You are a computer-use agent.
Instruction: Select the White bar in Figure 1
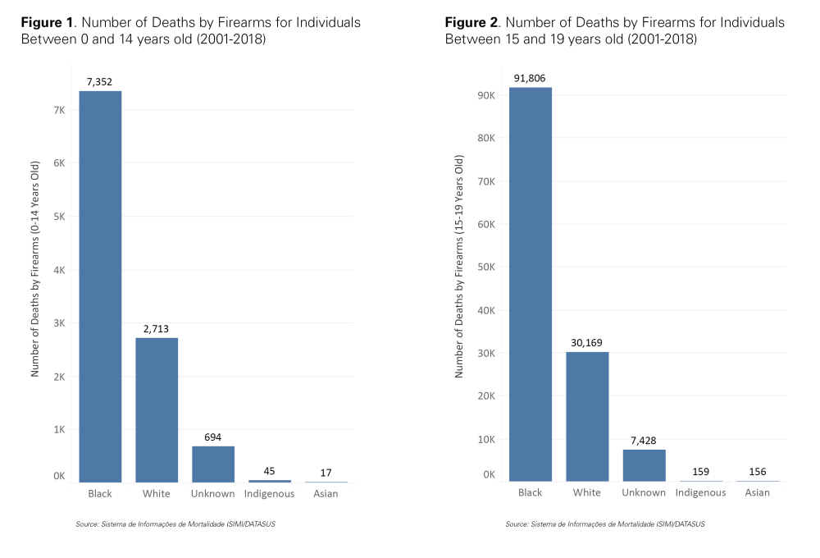point(157,409)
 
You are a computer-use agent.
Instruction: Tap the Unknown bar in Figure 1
point(213,464)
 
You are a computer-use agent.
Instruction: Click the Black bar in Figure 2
point(531,284)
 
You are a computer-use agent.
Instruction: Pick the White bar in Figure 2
point(587,416)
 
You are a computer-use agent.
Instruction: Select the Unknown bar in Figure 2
point(644,465)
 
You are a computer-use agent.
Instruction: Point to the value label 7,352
point(100,81)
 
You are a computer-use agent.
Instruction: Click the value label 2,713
point(157,328)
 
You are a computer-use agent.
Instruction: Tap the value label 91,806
point(531,78)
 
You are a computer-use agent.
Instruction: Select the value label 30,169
point(587,342)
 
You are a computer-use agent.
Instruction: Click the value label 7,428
point(644,440)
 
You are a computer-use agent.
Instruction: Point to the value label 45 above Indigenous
point(269,470)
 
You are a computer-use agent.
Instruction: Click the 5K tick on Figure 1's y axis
point(59,217)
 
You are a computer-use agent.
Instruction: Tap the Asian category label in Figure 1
point(326,494)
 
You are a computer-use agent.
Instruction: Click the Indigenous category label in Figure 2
point(700,492)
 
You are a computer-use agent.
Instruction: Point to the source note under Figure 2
point(604,524)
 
